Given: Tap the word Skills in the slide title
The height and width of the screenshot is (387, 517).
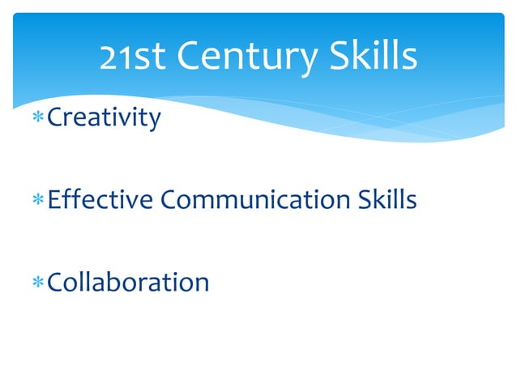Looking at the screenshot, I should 374,56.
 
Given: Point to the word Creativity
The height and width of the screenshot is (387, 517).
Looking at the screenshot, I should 105,118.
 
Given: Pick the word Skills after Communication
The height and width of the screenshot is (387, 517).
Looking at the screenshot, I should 387,199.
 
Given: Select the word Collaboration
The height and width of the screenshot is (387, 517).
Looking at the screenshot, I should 129,282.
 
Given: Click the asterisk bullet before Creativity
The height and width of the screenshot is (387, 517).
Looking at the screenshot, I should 38,119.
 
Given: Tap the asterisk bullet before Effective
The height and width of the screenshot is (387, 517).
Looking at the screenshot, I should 38,200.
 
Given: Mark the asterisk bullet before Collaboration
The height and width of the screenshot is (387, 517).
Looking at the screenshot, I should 38,283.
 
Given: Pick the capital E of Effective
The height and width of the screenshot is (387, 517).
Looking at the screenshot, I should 54,199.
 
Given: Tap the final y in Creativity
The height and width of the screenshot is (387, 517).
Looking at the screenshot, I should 155,121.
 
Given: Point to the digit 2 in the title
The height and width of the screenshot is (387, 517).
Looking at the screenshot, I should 109,57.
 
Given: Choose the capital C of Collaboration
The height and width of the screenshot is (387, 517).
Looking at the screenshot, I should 57,282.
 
